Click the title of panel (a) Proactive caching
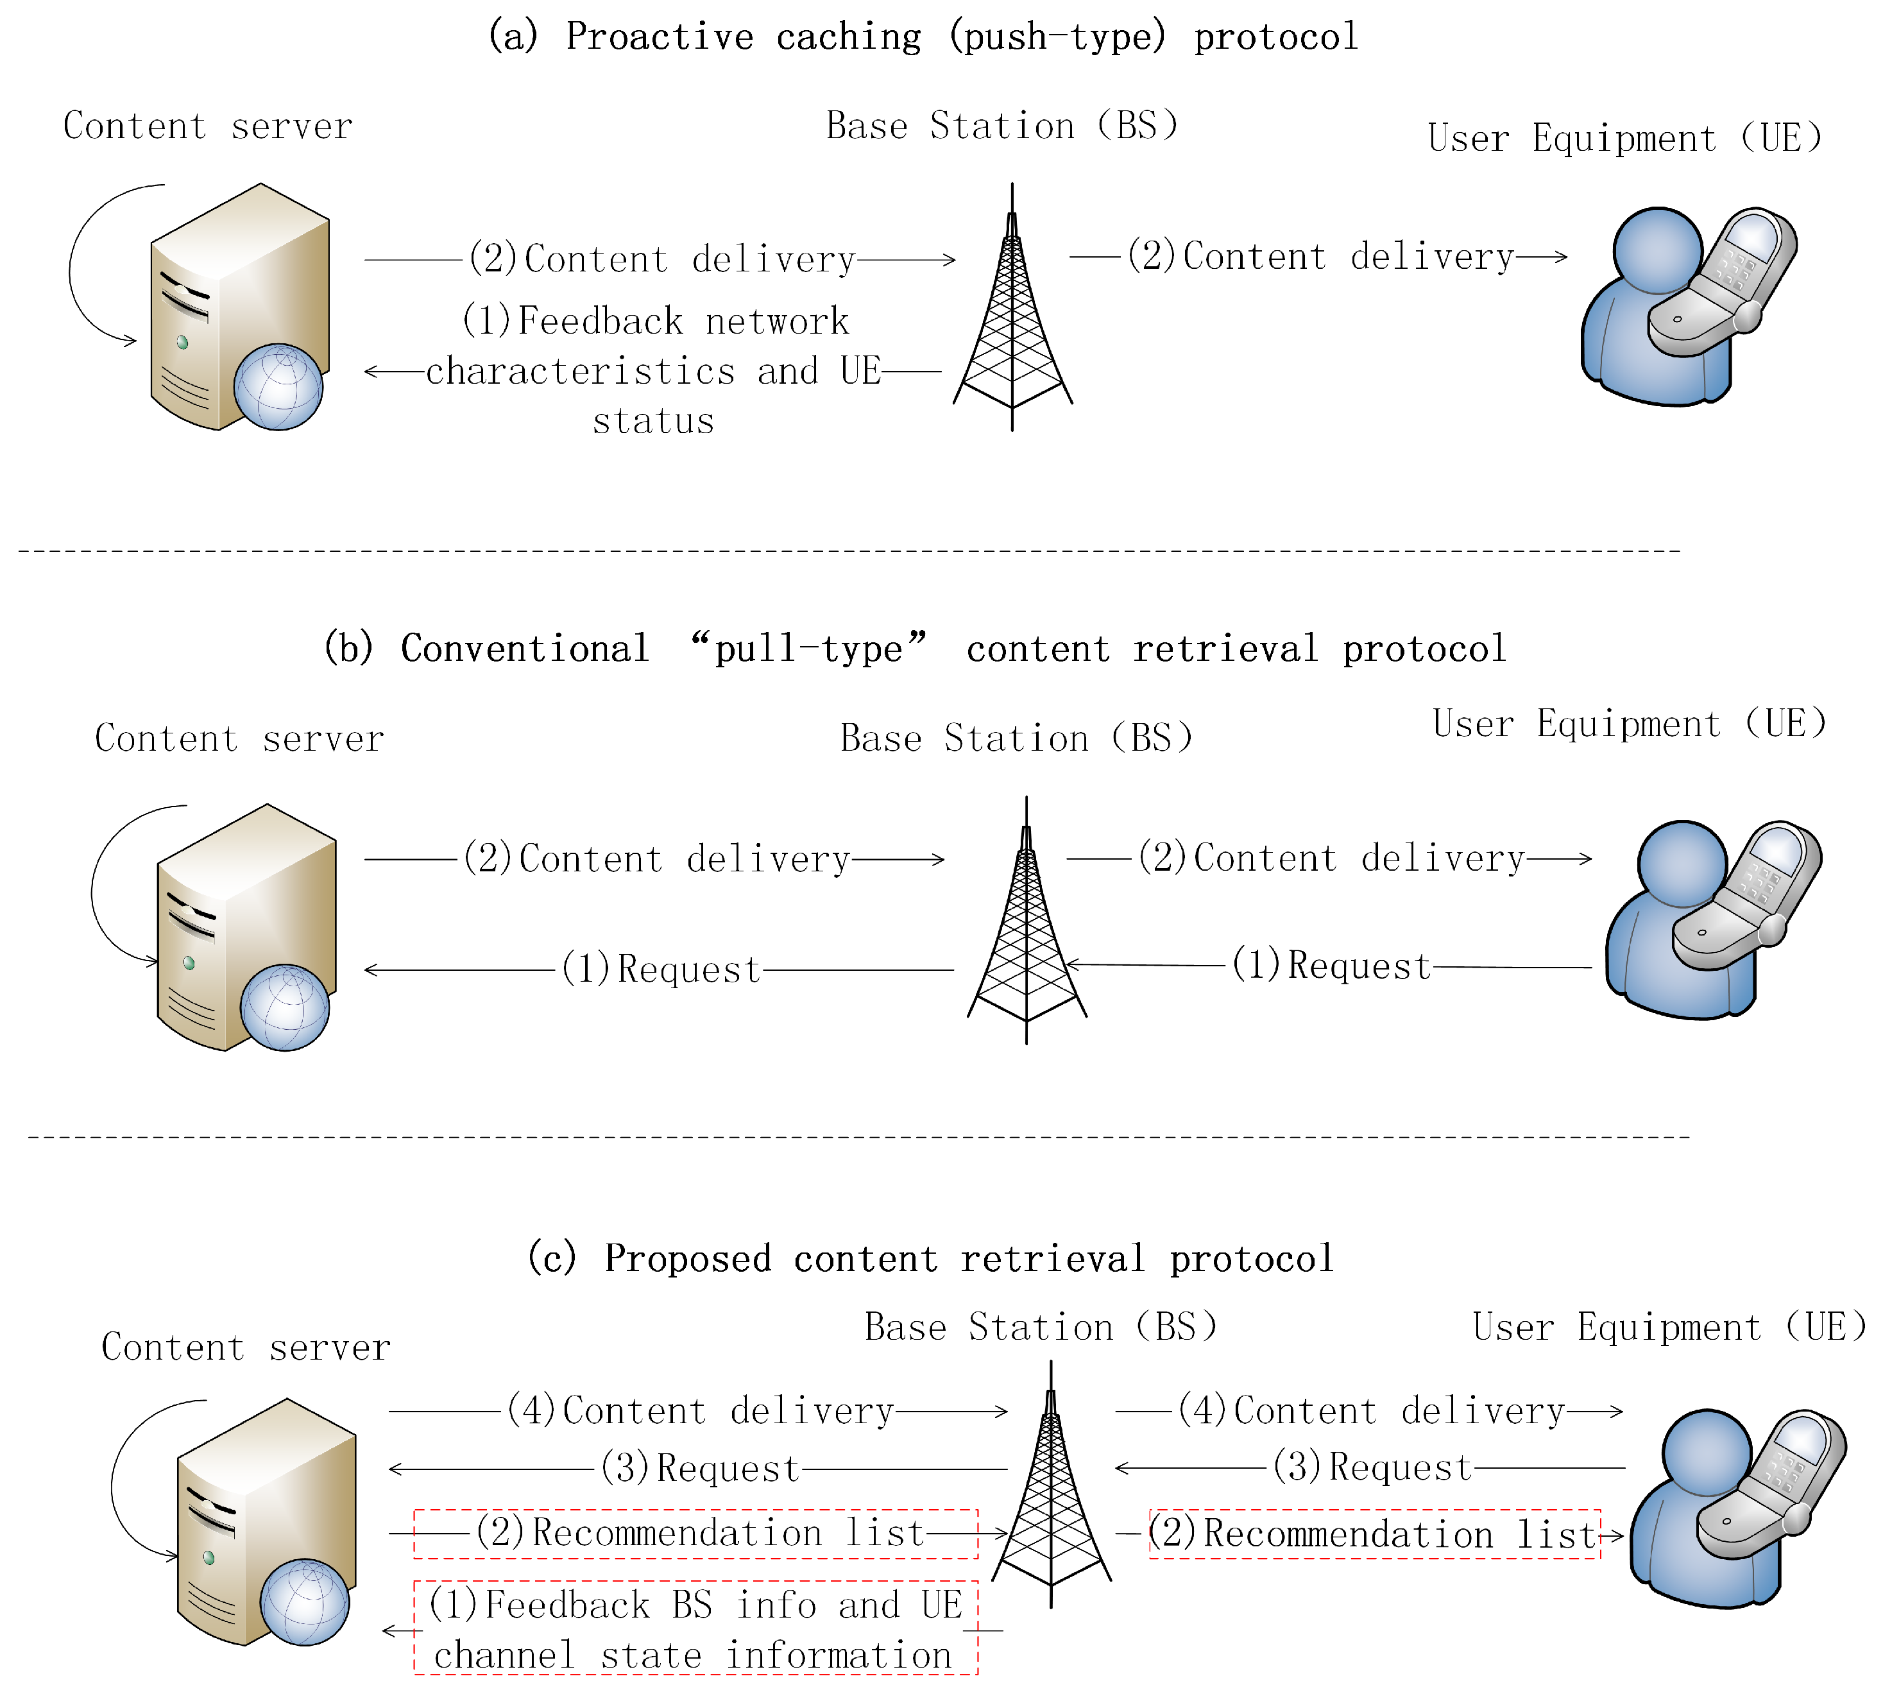(923, 37)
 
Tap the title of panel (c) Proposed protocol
(930, 1258)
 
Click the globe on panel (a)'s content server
(278, 387)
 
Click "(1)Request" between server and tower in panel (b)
(661, 969)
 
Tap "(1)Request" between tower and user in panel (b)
(1331, 966)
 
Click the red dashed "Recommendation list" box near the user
(1375, 1534)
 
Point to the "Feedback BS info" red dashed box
(695, 1628)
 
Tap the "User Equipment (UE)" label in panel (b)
(1630, 723)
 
